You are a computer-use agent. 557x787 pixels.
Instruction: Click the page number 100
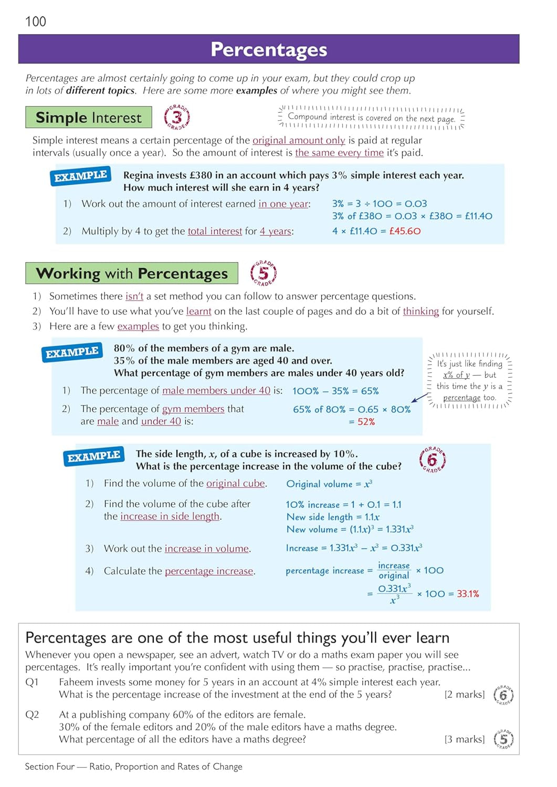(36, 22)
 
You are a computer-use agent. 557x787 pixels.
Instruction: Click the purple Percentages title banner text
(268, 49)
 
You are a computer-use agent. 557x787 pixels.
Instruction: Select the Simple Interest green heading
(89, 118)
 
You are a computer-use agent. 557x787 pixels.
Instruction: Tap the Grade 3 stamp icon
(177, 117)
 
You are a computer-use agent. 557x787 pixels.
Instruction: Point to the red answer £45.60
(405, 231)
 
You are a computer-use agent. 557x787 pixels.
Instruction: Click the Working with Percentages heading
(132, 273)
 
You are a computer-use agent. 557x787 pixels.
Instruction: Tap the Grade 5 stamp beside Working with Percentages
(263, 273)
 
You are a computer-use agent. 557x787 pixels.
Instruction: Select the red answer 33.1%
(468, 594)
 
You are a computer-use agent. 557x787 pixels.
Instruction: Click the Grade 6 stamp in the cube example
(432, 460)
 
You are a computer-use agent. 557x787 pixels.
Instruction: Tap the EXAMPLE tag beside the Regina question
(81, 176)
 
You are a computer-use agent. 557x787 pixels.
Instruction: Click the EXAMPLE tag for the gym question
(72, 353)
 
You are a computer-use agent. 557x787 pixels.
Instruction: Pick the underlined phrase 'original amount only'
(299, 141)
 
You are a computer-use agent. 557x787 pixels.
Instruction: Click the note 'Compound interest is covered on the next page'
(371, 118)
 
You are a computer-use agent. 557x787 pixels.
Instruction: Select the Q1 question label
(32, 682)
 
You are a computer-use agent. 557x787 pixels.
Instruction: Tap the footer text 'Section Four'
(50, 767)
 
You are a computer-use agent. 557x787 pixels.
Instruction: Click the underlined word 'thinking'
(421, 311)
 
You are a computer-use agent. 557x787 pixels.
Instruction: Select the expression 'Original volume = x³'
(329, 484)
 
